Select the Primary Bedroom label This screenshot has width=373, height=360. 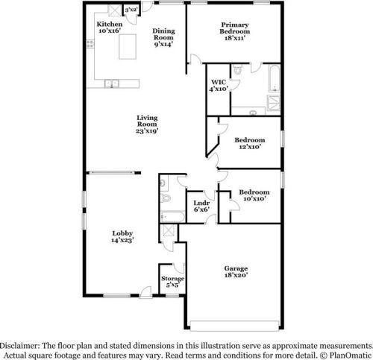[x=233, y=28]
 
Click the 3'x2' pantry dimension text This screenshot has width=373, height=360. [x=131, y=9]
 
